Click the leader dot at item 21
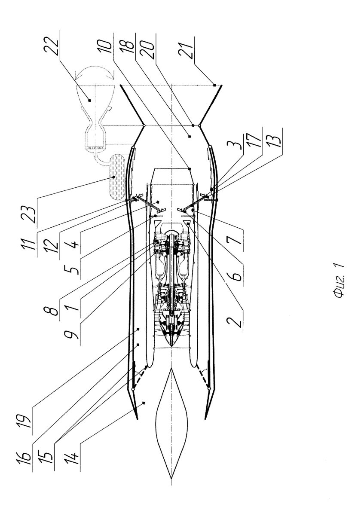[214, 85]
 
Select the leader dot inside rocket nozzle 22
[90, 100]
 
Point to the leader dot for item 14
[144, 403]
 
